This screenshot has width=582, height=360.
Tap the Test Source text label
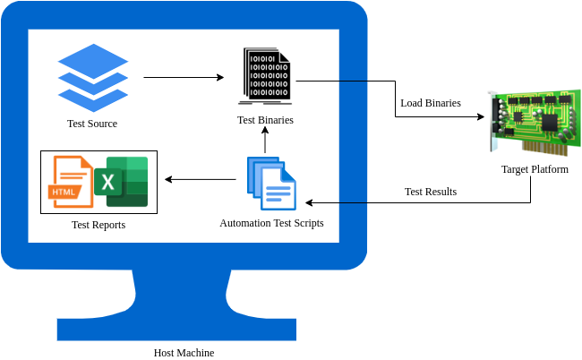(92, 124)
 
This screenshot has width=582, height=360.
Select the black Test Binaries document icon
(265, 75)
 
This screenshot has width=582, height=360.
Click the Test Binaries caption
(265, 120)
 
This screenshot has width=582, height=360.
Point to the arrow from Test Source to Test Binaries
(183, 78)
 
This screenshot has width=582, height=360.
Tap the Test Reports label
(98, 225)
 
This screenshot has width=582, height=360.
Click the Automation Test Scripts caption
(271, 222)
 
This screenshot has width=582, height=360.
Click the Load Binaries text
(431, 103)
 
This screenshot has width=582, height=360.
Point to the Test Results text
(431, 192)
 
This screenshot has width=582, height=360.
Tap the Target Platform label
(535, 169)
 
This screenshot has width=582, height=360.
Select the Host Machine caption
(184, 353)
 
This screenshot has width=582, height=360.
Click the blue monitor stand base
(176, 328)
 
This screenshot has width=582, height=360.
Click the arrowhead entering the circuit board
(484, 116)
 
